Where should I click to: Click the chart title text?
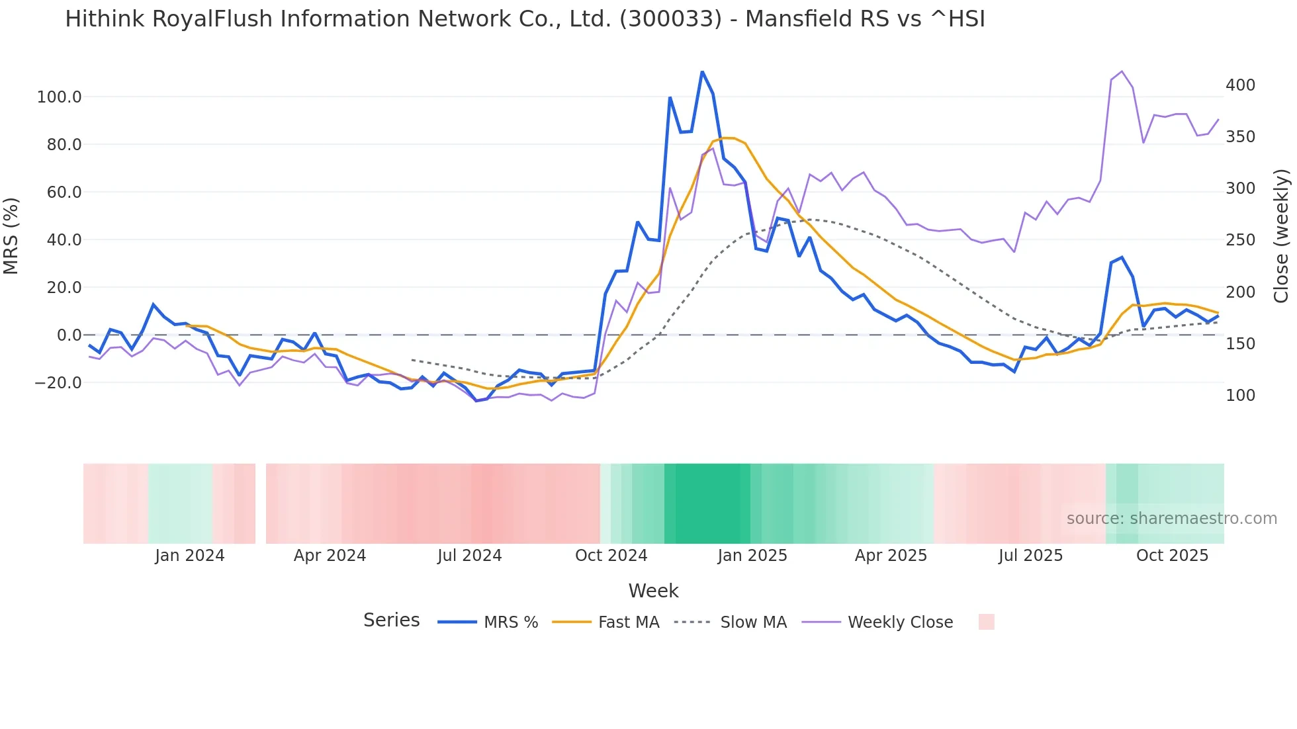(525, 19)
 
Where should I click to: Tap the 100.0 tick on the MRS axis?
(59, 97)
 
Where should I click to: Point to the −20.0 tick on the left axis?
(58, 383)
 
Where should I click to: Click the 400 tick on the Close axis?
(1240, 85)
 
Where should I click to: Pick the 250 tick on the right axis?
(1240, 240)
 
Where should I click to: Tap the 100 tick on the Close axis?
(1240, 396)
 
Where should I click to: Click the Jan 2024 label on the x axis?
(190, 556)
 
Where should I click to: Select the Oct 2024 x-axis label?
(611, 556)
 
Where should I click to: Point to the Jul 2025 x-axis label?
(1030, 556)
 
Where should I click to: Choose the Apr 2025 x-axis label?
(891, 556)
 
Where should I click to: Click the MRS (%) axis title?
(11, 236)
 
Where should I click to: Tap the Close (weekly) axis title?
(1282, 236)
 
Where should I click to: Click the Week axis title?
(653, 591)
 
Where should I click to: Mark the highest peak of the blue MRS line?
(702, 71)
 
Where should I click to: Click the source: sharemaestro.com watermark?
(1171, 519)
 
